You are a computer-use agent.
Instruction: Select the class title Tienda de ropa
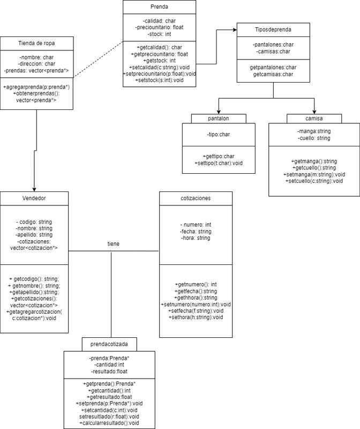[x=36, y=43]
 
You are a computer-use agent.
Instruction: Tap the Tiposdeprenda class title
[x=273, y=29]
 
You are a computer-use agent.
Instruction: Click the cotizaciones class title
[x=196, y=198]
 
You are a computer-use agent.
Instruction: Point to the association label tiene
[x=114, y=244]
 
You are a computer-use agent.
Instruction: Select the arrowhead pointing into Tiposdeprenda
[x=234, y=31]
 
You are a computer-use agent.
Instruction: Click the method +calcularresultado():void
[x=111, y=423]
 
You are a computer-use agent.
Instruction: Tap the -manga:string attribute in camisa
[x=314, y=131]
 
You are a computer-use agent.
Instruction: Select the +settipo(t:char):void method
[x=219, y=163]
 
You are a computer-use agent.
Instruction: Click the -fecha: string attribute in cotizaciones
[x=196, y=231]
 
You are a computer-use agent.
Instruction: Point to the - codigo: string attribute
[x=34, y=221]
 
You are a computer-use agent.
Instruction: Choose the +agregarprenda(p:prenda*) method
[x=36, y=87]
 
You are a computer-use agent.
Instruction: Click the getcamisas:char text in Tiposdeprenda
[x=273, y=75]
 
